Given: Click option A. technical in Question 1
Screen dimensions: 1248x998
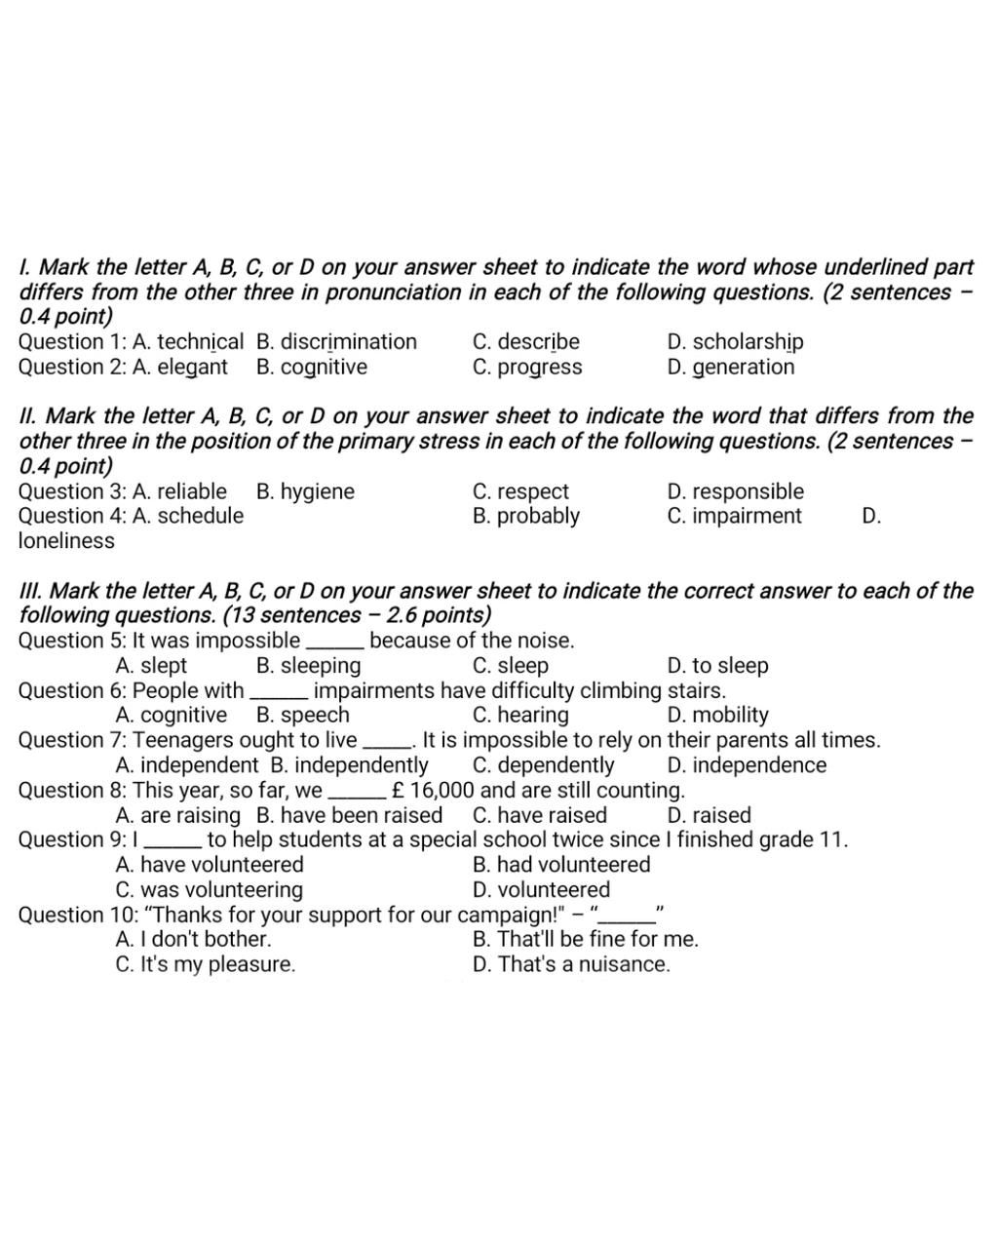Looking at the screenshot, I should [x=187, y=342].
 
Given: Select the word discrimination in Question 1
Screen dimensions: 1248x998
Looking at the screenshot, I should [x=348, y=342].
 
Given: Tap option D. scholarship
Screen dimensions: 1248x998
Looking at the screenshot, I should [x=735, y=342].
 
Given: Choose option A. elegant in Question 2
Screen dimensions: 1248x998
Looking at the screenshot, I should [x=179, y=368].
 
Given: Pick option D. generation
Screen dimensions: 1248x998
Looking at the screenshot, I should [x=730, y=368].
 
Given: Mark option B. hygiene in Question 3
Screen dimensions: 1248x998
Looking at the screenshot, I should [x=305, y=492].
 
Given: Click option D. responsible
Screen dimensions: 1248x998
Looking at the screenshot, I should [x=735, y=492].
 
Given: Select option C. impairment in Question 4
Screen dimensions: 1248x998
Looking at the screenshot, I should [x=734, y=517].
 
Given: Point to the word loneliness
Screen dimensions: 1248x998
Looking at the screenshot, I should [x=66, y=541].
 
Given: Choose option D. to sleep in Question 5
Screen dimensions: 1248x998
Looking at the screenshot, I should [x=717, y=666].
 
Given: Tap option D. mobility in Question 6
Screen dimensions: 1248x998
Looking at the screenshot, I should [x=717, y=716].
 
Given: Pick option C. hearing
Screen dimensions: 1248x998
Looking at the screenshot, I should [x=519, y=716].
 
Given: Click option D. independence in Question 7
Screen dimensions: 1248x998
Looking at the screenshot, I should [x=747, y=765].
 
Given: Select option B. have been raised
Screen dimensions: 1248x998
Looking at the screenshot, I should [x=349, y=816].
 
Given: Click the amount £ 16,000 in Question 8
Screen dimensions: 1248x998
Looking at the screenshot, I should [x=432, y=791].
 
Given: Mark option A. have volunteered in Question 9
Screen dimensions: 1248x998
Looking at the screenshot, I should [x=209, y=865].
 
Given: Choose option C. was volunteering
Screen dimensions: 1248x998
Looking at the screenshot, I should [x=209, y=890].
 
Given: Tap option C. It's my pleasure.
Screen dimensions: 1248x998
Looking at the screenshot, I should [x=205, y=965].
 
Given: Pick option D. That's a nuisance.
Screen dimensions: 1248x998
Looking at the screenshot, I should [x=571, y=965].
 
